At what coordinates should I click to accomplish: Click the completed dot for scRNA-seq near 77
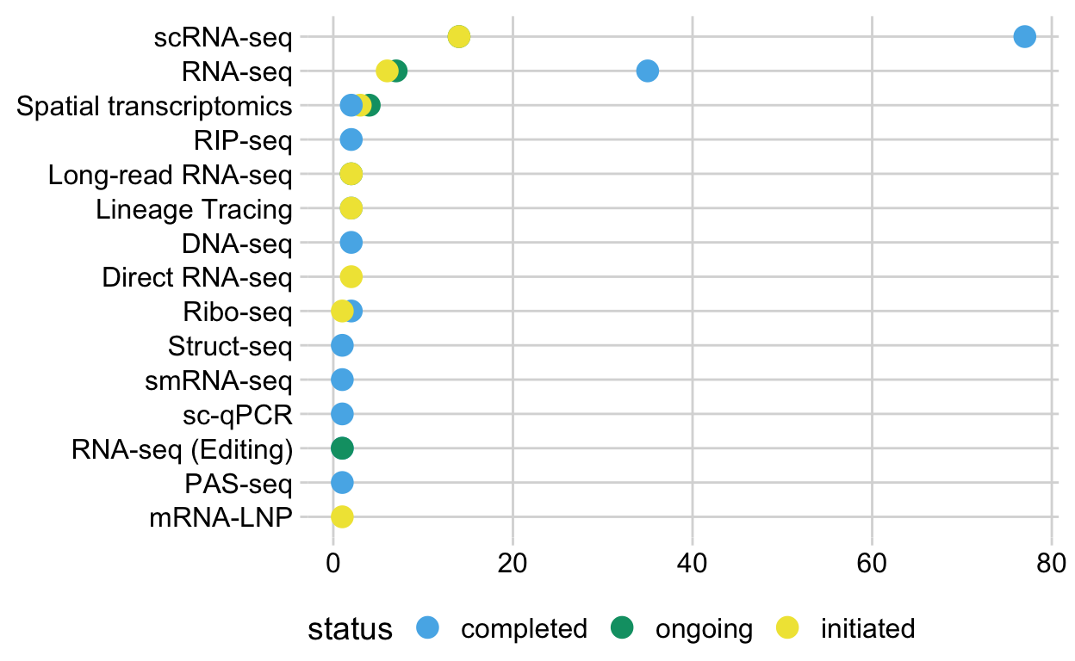[x=1024, y=36]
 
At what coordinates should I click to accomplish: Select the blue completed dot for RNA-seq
[x=647, y=71]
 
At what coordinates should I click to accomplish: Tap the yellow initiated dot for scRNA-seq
[x=459, y=36]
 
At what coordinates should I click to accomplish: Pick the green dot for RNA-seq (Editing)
[x=342, y=448]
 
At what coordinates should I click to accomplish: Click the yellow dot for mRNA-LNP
[x=342, y=517]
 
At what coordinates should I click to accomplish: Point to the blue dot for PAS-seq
[x=342, y=483]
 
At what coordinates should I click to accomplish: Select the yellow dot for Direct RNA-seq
[x=351, y=276]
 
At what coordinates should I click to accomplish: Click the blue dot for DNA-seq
[x=351, y=242]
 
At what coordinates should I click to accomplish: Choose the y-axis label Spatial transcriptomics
[x=154, y=107]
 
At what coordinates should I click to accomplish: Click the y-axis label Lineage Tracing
[x=194, y=209]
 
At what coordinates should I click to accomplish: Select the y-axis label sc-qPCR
[x=239, y=416]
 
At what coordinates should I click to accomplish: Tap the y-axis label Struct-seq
[x=230, y=347]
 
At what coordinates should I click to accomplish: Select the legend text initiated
[x=867, y=629]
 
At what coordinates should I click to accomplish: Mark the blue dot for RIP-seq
[x=351, y=139]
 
